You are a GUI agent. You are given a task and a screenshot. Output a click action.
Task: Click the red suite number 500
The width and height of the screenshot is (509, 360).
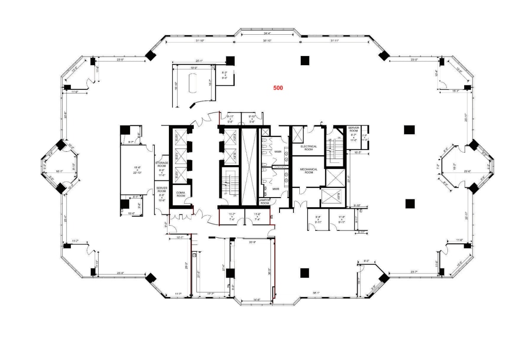(x=278, y=87)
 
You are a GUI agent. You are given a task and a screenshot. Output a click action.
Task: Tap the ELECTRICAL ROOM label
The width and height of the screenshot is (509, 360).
(x=309, y=148)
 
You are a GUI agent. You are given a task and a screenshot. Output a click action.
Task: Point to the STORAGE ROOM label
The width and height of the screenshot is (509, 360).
(x=161, y=164)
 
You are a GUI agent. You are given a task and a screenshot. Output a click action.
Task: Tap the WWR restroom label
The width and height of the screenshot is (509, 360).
(x=278, y=151)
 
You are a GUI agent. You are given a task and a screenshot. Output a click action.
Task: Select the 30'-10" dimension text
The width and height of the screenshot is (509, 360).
(x=267, y=41)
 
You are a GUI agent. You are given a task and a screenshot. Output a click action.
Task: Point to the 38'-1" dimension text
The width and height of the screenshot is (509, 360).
(x=317, y=293)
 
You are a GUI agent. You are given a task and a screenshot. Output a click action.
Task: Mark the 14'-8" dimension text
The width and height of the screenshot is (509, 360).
(x=255, y=300)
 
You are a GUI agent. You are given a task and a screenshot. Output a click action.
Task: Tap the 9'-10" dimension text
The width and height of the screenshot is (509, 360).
(x=357, y=205)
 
